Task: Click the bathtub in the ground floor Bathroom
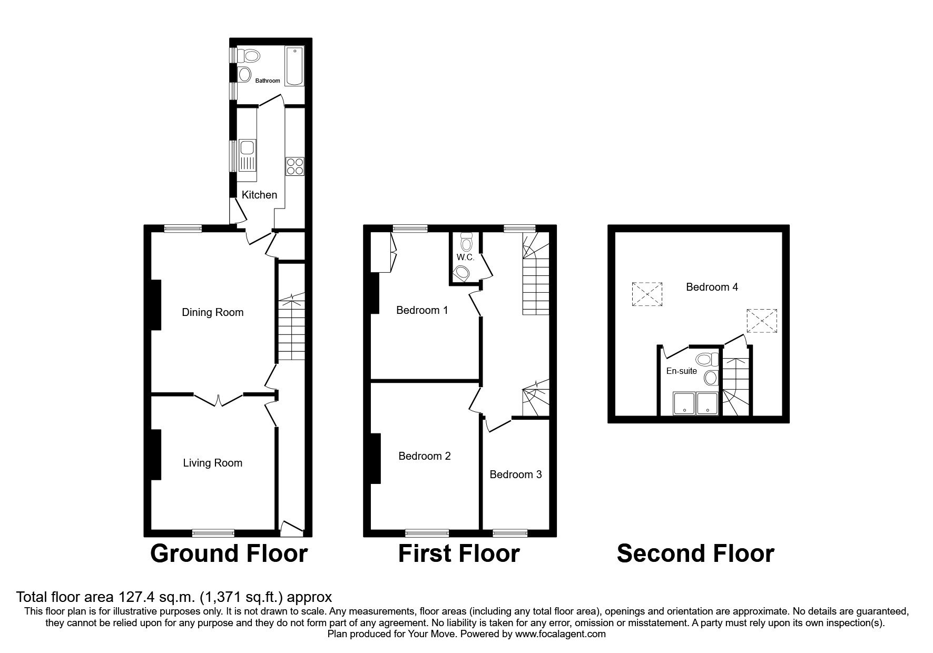[x=294, y=66]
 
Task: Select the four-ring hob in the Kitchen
[x=295, y=166]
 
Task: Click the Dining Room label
[x=212, y=312]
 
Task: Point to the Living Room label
[x=212, y=463]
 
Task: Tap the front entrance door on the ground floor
[x=292, y=527]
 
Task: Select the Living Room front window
[x=213, y=533]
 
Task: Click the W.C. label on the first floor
[x=465, y=258]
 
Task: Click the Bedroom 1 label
[x=422, y=310]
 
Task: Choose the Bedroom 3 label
[x=515, y=474]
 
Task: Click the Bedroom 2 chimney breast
[x=376, y=458]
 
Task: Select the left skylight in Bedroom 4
[x=647, y=294]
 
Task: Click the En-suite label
[x=681, y=371]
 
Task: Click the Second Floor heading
[x=695, y=553]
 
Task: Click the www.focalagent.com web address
[x=560, y=634]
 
